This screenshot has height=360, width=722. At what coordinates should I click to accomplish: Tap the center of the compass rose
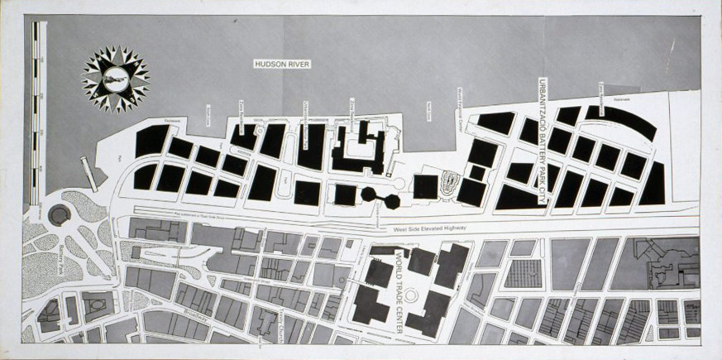pyautogui.click(x=116, y=79)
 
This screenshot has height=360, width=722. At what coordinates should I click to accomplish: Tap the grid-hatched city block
pyautogui.click(x=523, y=273)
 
